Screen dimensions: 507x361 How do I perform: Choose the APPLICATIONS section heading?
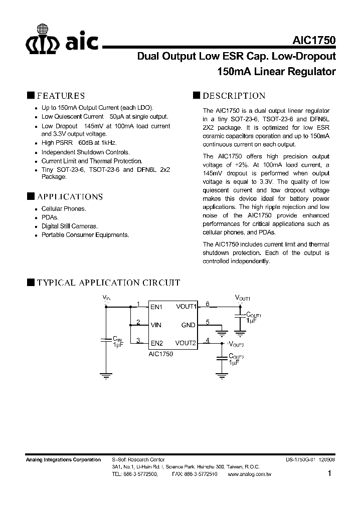coord(70,196)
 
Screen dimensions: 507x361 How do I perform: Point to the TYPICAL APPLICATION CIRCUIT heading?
coord(108,283)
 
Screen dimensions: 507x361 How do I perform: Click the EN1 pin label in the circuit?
coord(157,307)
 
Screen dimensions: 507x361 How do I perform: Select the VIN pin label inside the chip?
coord(156,325)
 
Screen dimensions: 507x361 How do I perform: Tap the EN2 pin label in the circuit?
coord(157,344)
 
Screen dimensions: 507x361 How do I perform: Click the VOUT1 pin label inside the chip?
coord(186,307)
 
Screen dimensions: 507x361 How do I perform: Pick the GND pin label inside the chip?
coord(188,325)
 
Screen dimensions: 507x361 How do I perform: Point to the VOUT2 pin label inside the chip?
coord(186,344)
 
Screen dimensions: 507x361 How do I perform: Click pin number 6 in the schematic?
coord(208,304)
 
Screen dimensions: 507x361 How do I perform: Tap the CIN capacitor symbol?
coord(106,339)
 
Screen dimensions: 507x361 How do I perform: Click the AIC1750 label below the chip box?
coord(160,354)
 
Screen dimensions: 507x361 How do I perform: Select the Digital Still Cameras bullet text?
coord(69,226)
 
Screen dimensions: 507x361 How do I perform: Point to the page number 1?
coord(329,473)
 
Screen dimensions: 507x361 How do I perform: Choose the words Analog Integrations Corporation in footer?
coord(63,459)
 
